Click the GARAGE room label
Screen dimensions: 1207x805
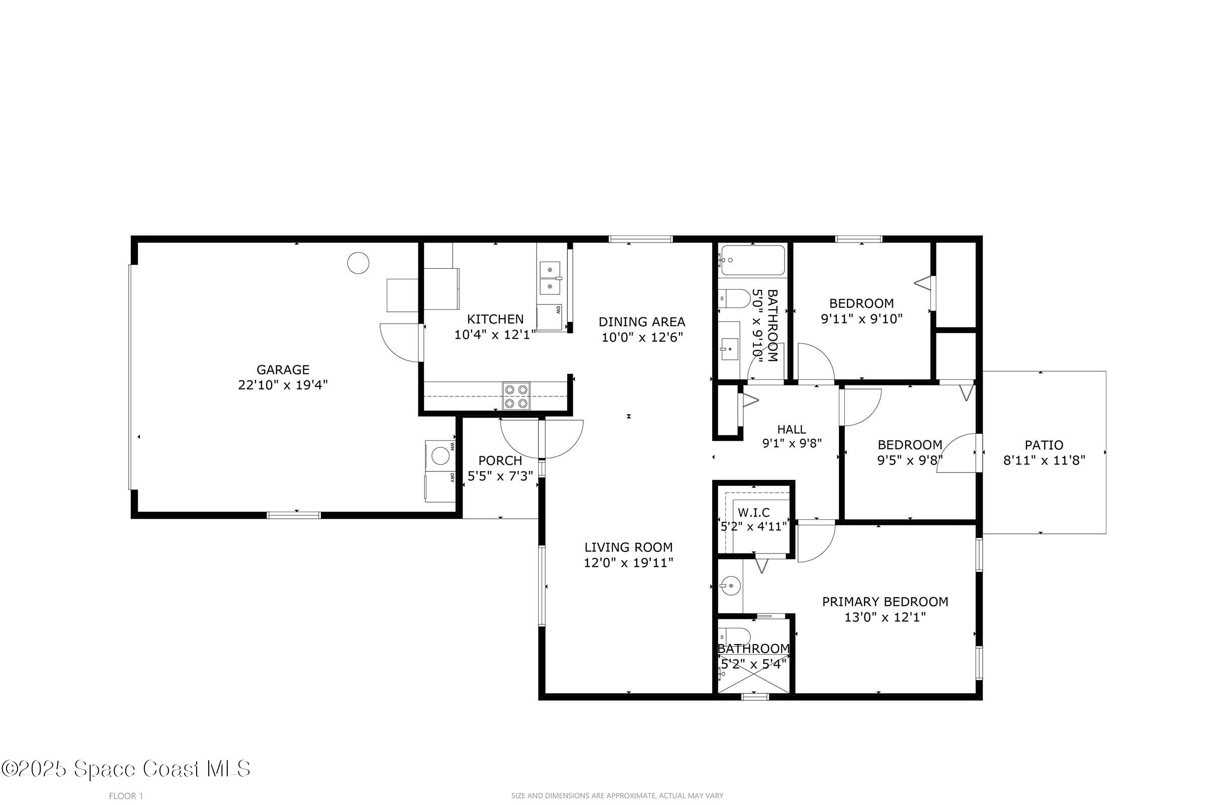click(283, 370)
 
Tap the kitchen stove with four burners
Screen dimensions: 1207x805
click(516, 396)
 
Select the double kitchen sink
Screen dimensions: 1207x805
click(550, 277)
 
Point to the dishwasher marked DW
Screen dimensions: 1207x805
click(550, 318)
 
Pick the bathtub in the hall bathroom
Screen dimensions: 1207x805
click(753, 260)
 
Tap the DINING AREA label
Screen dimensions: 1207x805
click(642, 322)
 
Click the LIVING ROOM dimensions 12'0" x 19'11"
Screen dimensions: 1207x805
click(629, 563)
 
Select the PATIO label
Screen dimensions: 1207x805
click(1044, 445)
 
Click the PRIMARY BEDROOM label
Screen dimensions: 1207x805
click(885, 602)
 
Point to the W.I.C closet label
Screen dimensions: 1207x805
click(754, 512)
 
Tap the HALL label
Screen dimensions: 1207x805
click(791, 429)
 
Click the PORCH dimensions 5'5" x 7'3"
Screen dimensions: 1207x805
click(500, 476)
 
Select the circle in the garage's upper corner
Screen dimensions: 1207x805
click(358, 263)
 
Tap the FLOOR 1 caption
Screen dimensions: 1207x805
click(126, 796)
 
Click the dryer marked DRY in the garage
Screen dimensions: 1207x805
click(441, 486)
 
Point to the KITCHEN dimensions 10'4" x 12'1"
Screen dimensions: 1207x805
click(495, 335)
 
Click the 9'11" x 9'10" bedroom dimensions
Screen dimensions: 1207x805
click(861, 319)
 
